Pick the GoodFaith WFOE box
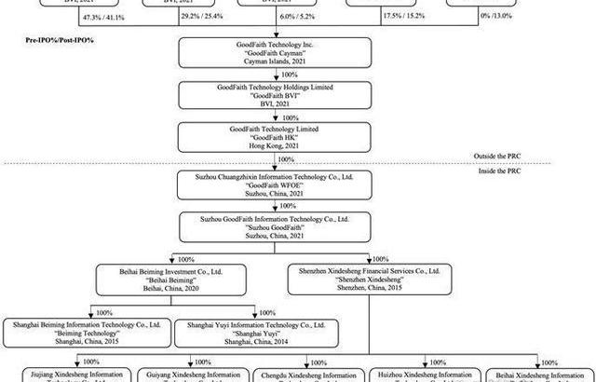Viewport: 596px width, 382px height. (x=274, y=184)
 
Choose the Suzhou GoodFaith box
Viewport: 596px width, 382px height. (x=274, y=227)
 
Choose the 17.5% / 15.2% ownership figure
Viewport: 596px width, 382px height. (x=405, y=17)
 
